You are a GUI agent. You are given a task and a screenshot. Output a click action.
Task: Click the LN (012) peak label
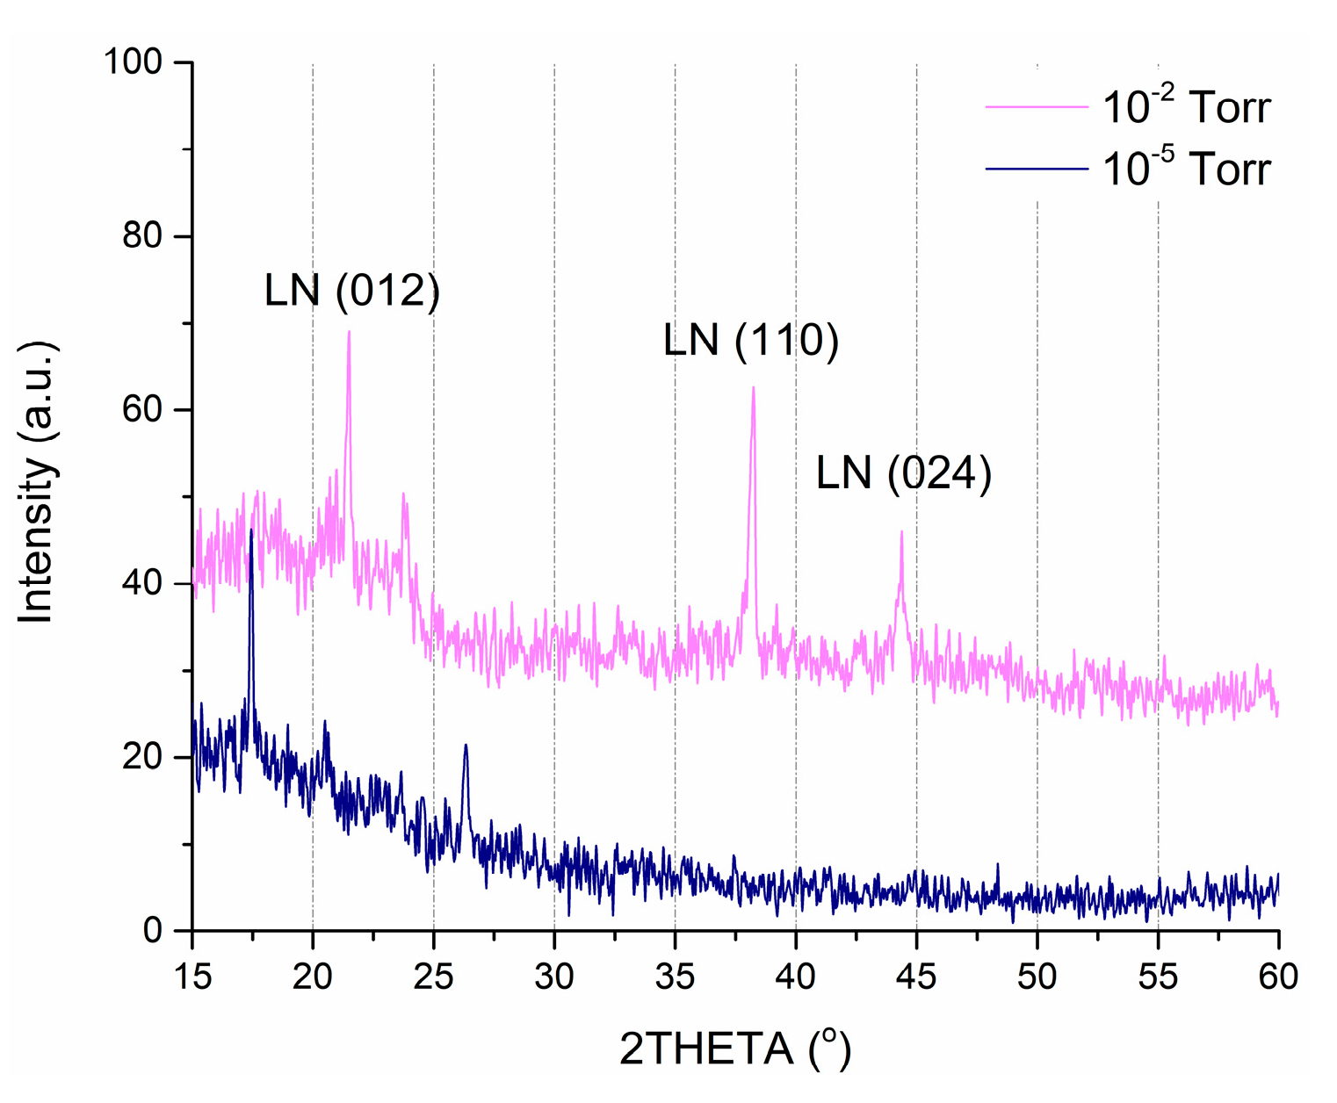pos(351,291)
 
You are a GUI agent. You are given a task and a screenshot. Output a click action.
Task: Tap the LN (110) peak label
pos(751,341)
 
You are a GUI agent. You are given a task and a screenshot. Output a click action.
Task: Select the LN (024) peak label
pos(904,473)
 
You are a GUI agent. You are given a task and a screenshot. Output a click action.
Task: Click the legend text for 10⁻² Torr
pos(1186,107)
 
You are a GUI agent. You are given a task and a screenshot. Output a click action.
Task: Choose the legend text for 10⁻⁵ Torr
pos(1186,168)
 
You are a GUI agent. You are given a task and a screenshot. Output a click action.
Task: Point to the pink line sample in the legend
pos(1037,106)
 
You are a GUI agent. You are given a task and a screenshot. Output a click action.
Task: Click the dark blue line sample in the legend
pos(1037,168)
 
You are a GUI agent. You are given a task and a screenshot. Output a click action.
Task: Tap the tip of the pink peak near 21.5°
pos(349,332)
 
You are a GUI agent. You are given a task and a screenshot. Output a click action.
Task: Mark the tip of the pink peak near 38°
pos(753,387)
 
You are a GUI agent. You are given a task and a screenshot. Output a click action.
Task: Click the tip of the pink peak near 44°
pos(901,531)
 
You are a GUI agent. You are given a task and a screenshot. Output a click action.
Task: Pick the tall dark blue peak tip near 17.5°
pos(251,530)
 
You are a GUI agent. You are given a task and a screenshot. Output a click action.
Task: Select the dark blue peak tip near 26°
pos(466,745)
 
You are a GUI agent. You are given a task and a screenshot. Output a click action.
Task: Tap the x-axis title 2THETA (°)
pos(735,1049)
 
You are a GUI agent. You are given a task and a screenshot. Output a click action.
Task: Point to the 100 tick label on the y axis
pos(133,62)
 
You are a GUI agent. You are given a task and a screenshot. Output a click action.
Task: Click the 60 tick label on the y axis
pos(142,410)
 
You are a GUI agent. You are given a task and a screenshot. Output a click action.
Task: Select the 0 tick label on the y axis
pos(153,931)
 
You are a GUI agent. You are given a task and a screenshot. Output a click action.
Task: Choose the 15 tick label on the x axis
pos(192,976)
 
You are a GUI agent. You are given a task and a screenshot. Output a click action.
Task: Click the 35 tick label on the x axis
pos(675,976)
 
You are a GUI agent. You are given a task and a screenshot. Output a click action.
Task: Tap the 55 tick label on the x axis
pos(1158,976)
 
